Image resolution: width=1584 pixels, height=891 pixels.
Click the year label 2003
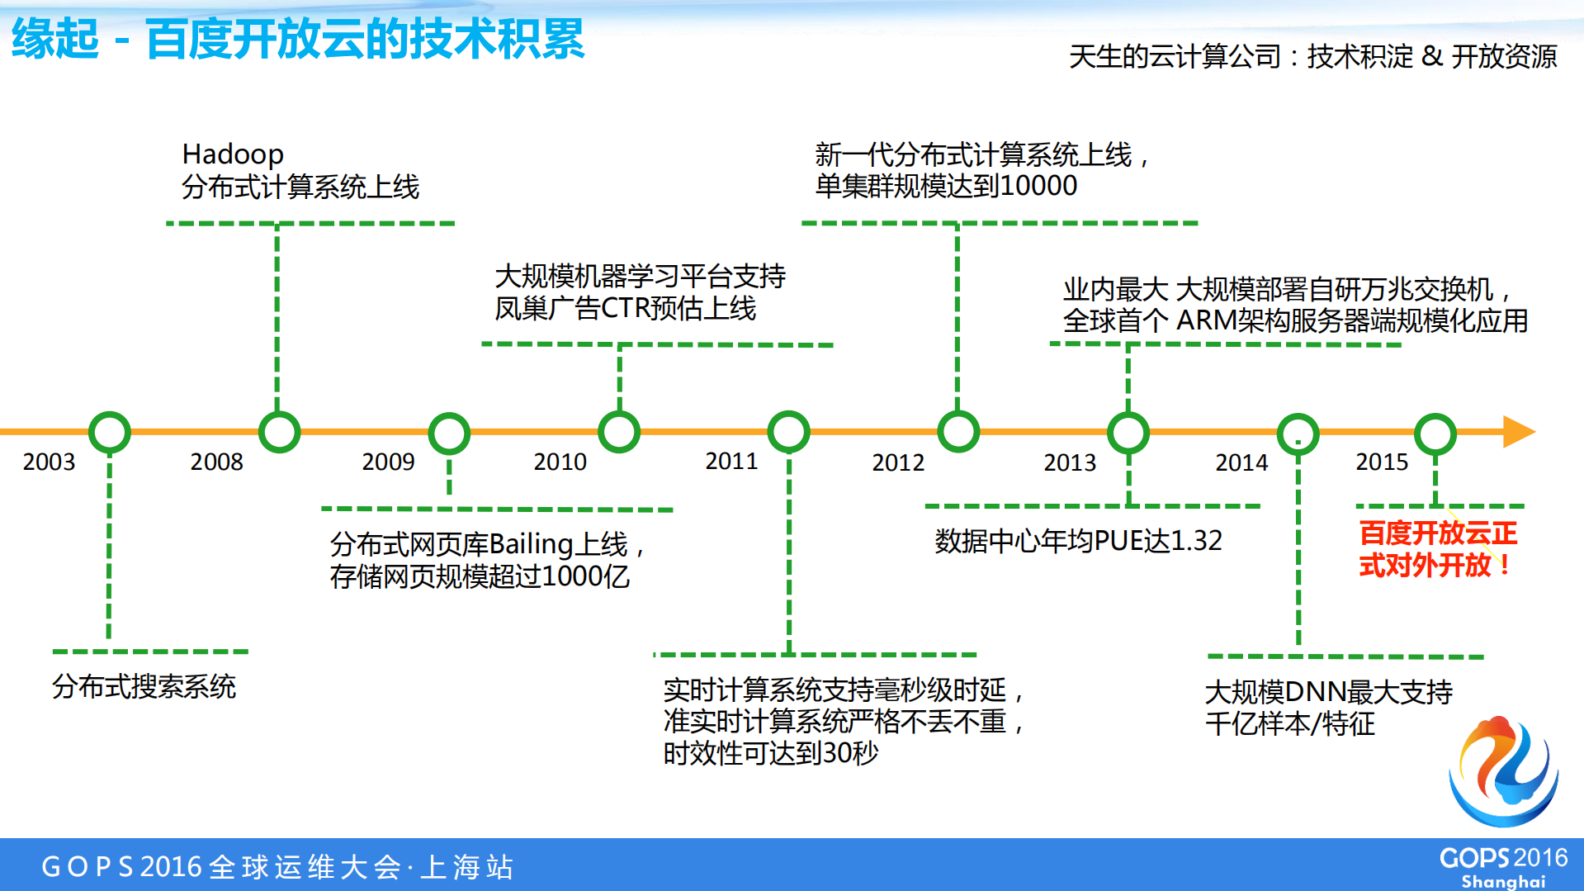click(49, 462)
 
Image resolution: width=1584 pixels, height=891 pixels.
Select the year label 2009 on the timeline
click(388, 462)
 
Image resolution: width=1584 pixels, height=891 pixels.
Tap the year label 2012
click(898, 462)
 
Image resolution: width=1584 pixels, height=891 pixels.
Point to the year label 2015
click(1382, 462)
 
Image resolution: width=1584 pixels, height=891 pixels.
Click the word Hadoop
click(233, 154)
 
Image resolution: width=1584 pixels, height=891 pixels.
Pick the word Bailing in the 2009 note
click(531, 544)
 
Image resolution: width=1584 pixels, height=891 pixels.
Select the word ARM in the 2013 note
click(1206, 320)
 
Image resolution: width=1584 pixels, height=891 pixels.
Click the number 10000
click(1038, 186)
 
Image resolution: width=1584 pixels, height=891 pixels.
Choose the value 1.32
click(1196, 541)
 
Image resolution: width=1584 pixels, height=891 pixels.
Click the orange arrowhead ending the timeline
click(1518, 432)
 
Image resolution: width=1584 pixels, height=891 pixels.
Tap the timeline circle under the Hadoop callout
click(279, 432)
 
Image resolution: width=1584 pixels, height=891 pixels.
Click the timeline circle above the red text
click(1435, 434)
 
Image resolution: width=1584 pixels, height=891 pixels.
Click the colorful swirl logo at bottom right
click(1504, 771)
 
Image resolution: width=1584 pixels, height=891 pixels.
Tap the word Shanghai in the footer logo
click(1503, 881)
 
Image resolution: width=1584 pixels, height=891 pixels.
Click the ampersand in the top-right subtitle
click(1432, 56)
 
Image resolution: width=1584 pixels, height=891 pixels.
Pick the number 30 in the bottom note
click(837, 753)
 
